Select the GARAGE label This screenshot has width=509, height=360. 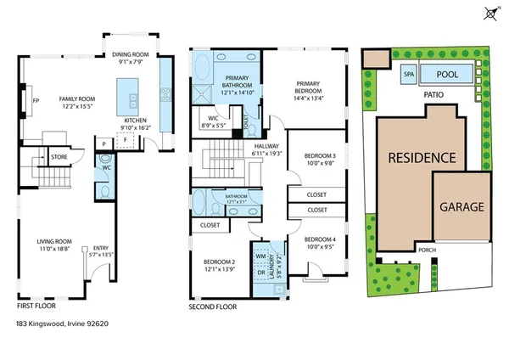pyautogui.click(x=461, y=206)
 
